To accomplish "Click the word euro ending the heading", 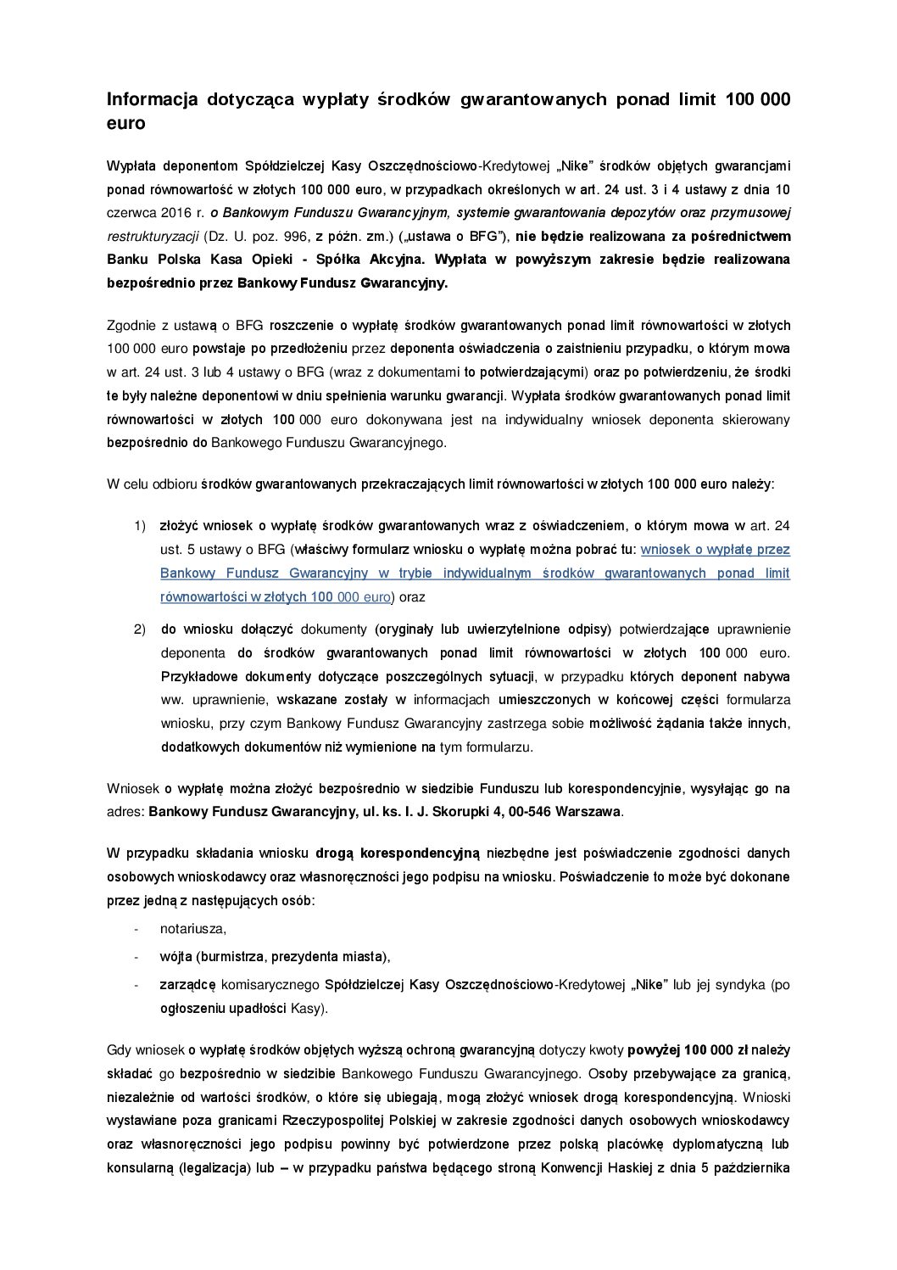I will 125,124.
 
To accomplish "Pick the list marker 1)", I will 140,526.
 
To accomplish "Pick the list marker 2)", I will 140,629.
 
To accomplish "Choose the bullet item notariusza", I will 192,929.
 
